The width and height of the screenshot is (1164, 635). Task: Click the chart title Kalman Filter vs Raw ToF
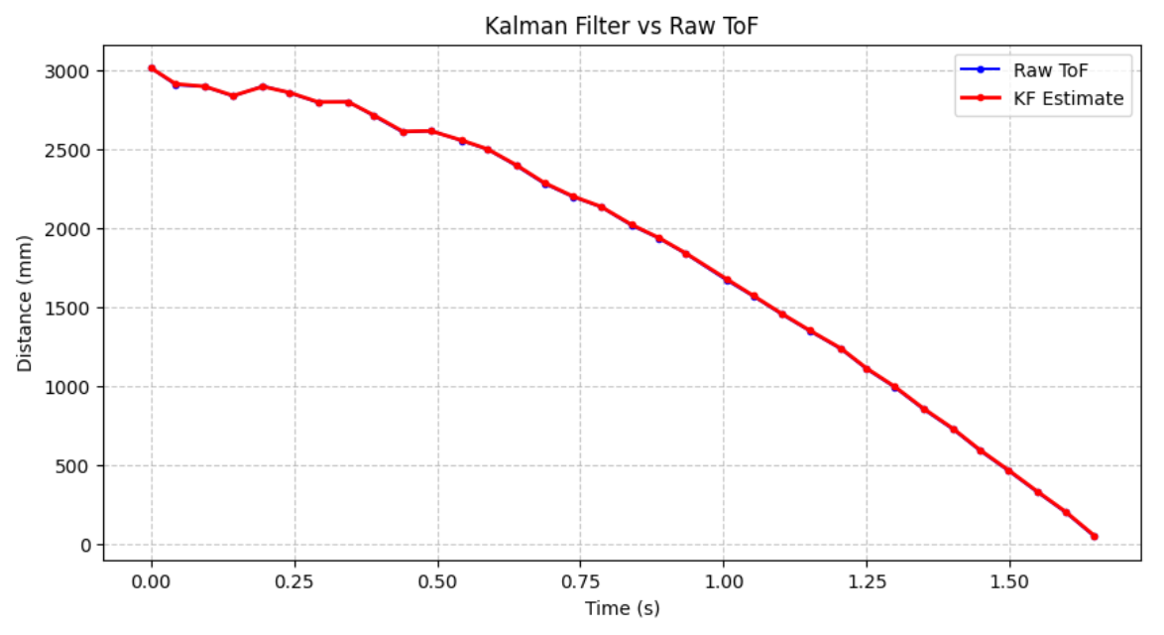[621, 26]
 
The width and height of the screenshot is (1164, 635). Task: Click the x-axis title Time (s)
[621, 608]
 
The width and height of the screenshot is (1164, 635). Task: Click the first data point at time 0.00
[152, 68]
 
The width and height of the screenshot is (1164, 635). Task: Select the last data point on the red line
[1095, 536]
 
